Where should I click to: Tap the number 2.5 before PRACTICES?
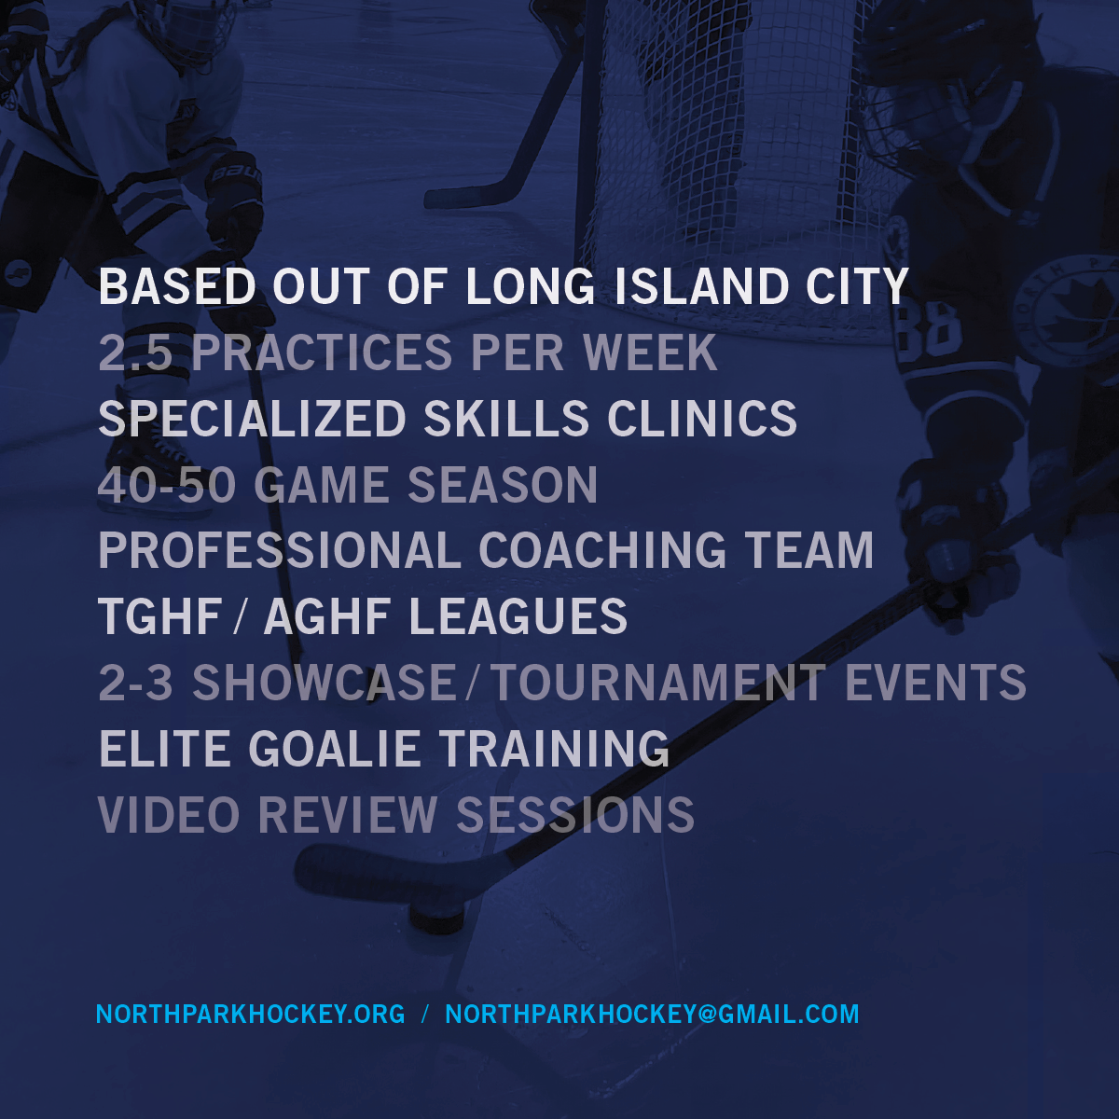pyautogui.click(x=136, y=352)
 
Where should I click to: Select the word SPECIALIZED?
pyautogui.click(x=253, y=418)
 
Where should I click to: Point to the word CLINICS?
pyautogui.click(x=701, y=418)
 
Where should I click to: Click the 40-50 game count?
pyautogui.click(x=167, y=484)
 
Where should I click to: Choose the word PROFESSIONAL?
pyautogui.click(x=280, y=550)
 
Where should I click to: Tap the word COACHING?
pyautogui.click(x=602, y=550)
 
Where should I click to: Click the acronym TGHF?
pyautogui.click(x=160, y=616)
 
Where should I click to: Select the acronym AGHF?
pyautogui.click(x=327, y=616)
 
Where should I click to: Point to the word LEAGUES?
pyautogui.click(x=518, y=616)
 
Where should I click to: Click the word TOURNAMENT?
pyautogui.click(x=659, y=683)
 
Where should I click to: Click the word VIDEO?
pyautogui.click(x=169, y=815)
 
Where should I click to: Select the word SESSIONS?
pyautogui.click(x=575, y=815)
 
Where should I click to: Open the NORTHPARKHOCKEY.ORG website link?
pyautogui.click(x=250, y=1014)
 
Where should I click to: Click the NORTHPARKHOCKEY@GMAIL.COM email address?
pyautogui.click(x=652, y=1014)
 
